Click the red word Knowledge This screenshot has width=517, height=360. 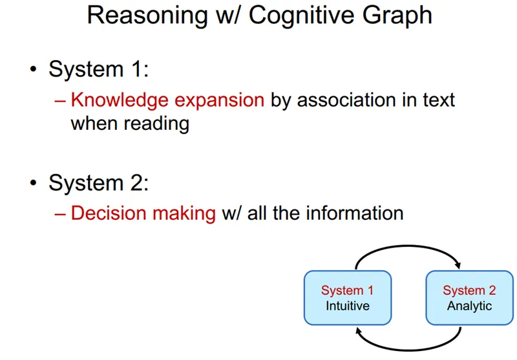(114, 100)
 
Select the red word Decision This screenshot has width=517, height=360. (107, 213)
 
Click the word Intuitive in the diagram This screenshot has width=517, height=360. (347, 306)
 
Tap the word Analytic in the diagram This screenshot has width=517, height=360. (469, 306)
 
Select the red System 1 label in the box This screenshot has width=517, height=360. (347, 291)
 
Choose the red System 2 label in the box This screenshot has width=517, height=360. (469, 291)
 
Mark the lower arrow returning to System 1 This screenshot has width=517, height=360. (408, 348)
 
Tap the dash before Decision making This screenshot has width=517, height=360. (60, 213)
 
